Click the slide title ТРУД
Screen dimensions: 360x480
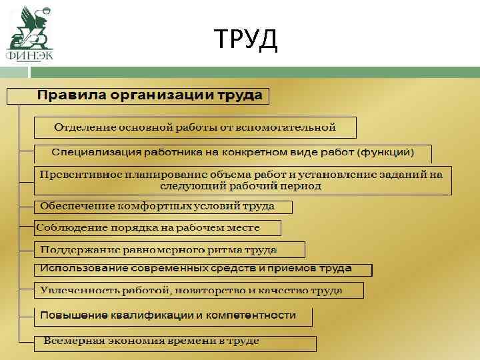pyautogui.click(x=246, y=40)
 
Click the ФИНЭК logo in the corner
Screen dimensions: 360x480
pyautogui.click(x=29, y=33)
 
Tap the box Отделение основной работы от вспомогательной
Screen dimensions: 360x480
pyautogui.click(x=195, y=127)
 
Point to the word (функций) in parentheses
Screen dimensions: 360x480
pyautogui.click(x=386, y=152)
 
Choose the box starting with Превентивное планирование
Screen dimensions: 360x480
pyautogui.click(x=241, y=180)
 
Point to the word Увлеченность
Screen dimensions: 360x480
pyautogui.click(x=74, y=291)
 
